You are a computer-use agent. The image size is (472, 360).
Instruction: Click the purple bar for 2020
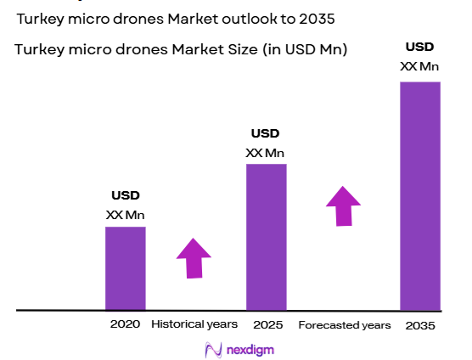[125, 268]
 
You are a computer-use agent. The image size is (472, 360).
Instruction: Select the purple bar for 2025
[266, 237]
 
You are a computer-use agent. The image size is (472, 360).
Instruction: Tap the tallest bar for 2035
[419, 195]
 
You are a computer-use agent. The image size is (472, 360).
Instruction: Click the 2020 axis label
[124, 324]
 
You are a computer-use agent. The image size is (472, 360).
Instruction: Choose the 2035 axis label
[419, 325]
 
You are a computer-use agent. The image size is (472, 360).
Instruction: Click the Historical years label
[194, 324]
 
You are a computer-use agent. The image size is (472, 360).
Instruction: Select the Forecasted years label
[345, 325]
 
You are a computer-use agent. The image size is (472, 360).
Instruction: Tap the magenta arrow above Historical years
[194, 257]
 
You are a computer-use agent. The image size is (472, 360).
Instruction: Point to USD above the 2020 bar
[125, 195]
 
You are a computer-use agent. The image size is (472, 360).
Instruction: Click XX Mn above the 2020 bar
[125, 215]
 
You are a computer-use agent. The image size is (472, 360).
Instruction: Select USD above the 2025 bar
[265, 133]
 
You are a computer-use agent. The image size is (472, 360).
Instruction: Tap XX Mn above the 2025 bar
[265, 153]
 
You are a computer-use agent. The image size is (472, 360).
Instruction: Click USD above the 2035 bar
[420, 46]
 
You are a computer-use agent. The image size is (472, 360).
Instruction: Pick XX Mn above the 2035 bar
[420, 65]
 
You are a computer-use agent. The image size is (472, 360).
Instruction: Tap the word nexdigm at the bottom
[250, 349]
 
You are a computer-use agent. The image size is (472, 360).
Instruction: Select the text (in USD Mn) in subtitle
[305, 49]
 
